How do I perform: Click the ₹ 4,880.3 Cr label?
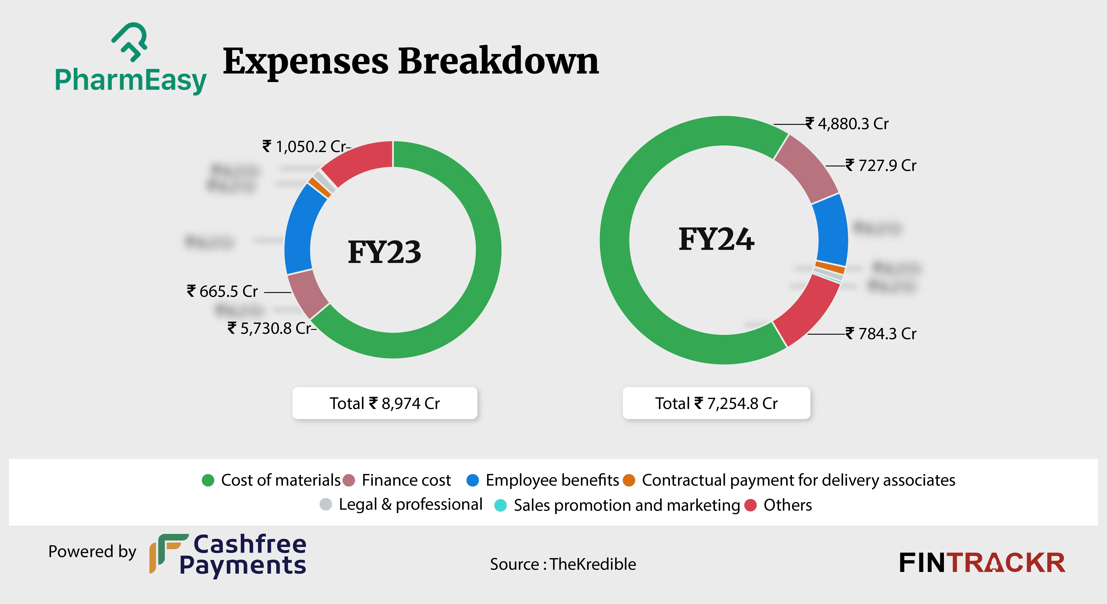pos(847,124)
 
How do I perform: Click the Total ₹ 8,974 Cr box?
pos(385,403)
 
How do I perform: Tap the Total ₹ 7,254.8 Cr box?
pos(716,403)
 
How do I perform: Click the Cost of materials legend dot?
pos(208,480)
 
